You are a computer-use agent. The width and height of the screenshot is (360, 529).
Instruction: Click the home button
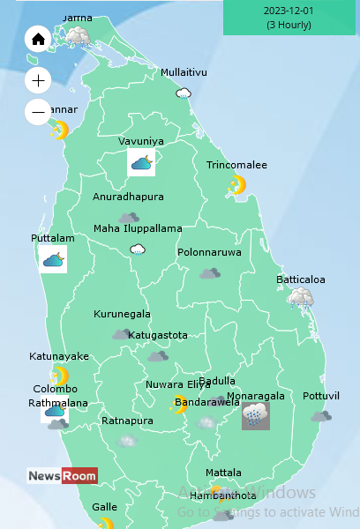38,40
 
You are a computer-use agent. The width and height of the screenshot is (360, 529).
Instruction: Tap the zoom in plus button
38,80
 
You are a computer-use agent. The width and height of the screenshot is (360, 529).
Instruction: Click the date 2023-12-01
289,11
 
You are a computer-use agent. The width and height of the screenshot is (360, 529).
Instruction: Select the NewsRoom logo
62,476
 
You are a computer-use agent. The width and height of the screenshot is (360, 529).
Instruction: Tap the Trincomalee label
236,166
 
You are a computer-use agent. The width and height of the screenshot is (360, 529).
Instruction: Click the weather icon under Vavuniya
141,161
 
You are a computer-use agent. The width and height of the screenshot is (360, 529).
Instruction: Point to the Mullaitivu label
184,72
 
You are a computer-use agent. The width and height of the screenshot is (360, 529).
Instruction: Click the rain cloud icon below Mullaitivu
184,93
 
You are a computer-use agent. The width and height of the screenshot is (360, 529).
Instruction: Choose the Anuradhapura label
128,197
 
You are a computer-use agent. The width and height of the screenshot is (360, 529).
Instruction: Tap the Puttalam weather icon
53,259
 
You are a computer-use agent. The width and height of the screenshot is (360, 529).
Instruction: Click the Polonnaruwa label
209,252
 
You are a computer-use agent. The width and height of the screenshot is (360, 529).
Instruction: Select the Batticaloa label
300,279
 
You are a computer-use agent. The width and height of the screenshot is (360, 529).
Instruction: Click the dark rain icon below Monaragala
256,415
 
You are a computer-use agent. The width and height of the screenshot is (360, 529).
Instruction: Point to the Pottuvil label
320,396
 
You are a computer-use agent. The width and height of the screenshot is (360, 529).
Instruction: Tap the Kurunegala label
122,314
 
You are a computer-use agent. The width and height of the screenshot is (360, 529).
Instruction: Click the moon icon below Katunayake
59,375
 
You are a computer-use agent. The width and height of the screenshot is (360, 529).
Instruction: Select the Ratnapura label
127,421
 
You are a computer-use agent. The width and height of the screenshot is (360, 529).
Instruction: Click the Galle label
104,507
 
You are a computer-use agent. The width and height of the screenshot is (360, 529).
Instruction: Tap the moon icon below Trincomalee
236,185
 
